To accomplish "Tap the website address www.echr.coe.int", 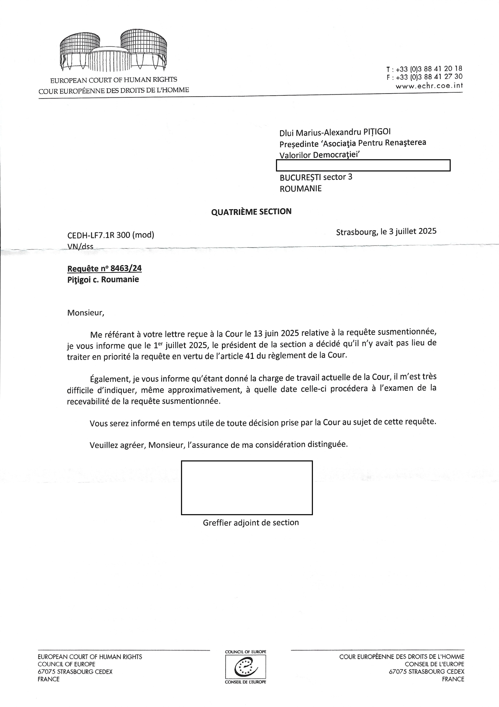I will pos(429,86).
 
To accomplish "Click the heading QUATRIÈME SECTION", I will pos(251,212).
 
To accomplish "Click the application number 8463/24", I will pos(126,268).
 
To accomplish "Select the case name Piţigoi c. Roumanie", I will pos(103,279).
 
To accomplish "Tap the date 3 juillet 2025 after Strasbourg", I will pos(412,231).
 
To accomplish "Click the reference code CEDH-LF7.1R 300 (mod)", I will pos(111,235).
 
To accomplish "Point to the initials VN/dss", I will pos(80,246).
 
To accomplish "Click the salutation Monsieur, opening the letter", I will pos(86,313).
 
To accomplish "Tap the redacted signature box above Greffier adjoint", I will pos(247,487).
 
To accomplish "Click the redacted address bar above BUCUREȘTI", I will pos(363,165).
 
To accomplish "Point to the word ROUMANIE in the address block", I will pos(301,188).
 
